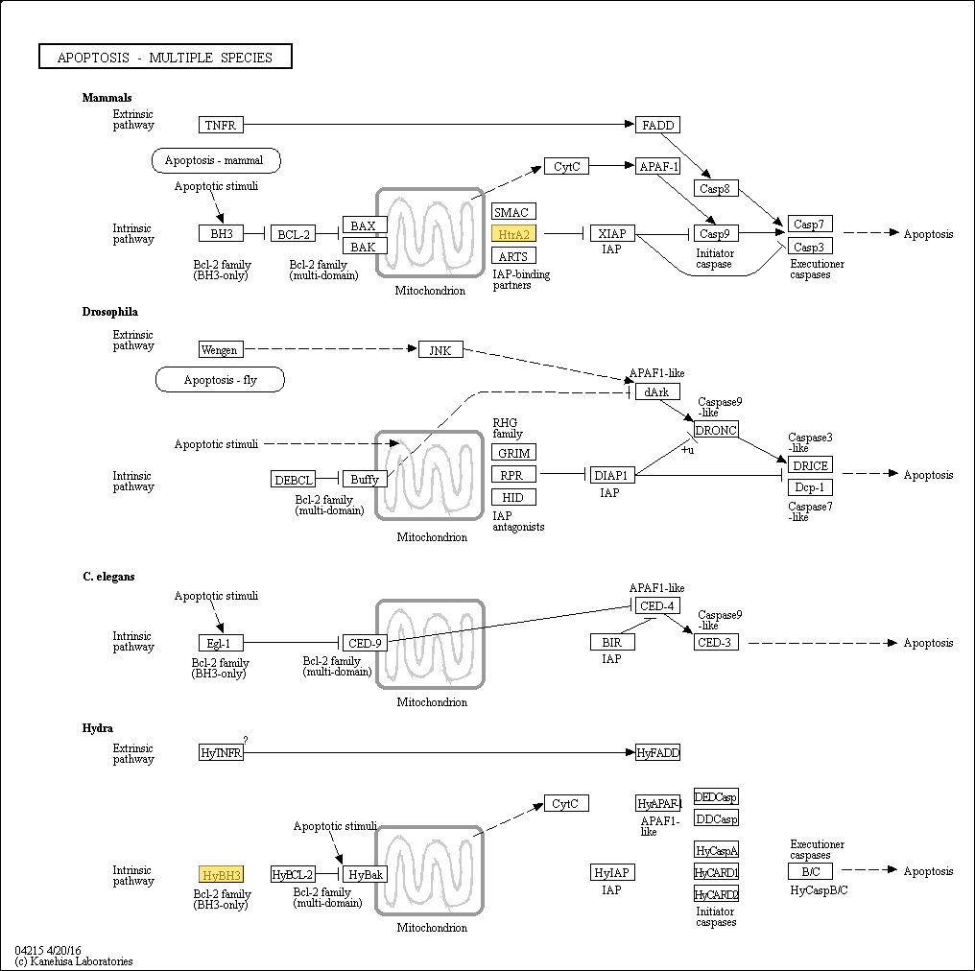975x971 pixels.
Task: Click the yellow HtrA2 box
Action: click(x=513, y=234)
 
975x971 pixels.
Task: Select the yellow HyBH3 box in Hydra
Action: click(x=221, y=875)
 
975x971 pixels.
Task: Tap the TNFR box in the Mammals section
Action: click(x=221, y=125)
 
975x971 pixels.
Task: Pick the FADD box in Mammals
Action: click(x=658, y=125)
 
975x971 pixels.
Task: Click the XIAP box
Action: click(x=612, y=234)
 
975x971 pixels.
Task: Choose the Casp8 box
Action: click(x=716, y=188)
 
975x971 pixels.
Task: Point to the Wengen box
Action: click(x=221, y=349)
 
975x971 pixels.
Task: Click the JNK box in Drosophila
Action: click(x=440, y=350)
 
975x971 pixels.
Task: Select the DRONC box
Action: click(x=716, y=430)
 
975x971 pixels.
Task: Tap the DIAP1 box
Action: click(x=612, y=476)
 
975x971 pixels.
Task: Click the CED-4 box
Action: click(x=658, y=605)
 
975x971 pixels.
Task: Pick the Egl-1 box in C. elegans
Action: click(x=221, y=643)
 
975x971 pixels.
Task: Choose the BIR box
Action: click(x=612, y=642)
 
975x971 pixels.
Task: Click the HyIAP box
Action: click(x=612, y=872)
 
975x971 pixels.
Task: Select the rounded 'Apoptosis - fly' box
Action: click(x=220, y=380)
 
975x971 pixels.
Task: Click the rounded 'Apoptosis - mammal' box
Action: click(x=216, y=160)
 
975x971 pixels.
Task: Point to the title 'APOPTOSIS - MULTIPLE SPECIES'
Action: click(x=165, y=57)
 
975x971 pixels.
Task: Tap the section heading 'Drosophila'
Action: click(x=110, y=312)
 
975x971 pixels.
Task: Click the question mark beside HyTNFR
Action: click(x=246, y=740)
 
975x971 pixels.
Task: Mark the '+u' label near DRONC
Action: click(x=687, y=449)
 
